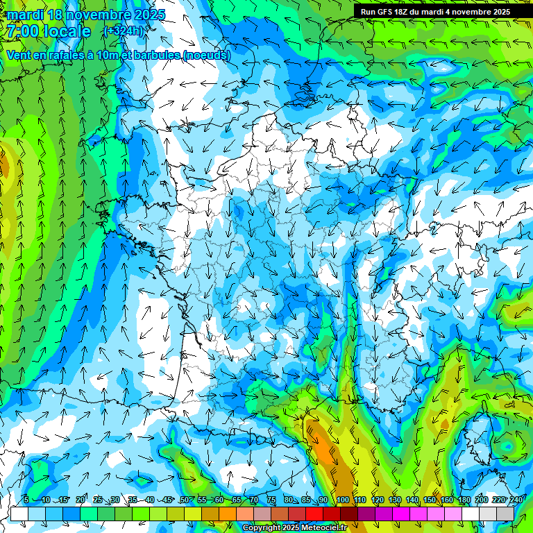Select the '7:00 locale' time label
click(49, 31)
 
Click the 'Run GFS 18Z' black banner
click(435, 12)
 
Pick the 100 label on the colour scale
click(342, 500)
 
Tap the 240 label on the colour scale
click(516, 500)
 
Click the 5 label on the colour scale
click(26, 500)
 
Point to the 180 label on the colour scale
click(464, 500)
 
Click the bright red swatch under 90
click(314, 514)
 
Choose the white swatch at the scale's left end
click(19, 514)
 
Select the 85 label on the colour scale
click(306, 500)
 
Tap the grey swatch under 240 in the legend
click(505, 514)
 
